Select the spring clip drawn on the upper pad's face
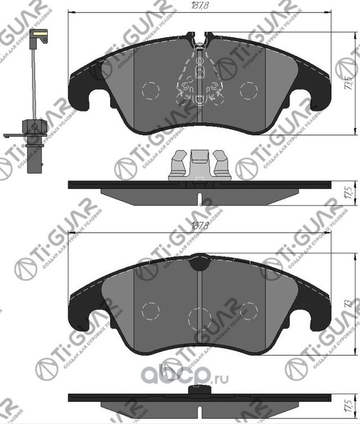(x=199, y=79)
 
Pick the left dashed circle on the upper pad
(x=150, y=90)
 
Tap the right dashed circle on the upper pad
(x=248, y=90)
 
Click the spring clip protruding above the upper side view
(x=200, y=165)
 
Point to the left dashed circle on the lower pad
(x=150, y=310)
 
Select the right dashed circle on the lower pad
(x=248, y=310)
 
